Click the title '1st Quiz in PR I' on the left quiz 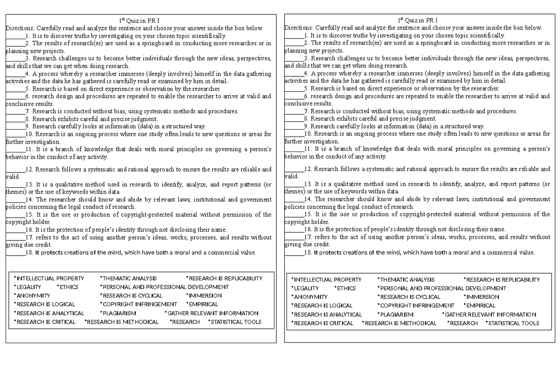click(139, 20)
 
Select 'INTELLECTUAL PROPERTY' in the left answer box click(50, 278)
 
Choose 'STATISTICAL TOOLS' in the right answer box click(513, 323)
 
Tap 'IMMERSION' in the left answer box click(205, 296)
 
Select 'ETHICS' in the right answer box click(346, 288)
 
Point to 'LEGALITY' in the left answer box click(28, 287)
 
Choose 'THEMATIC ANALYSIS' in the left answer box click(129, 278)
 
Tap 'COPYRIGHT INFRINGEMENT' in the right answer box click(416, 305)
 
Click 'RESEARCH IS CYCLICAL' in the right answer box click(409, 297)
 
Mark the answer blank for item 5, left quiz click(15, 89)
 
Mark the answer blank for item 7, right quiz click(294, 111)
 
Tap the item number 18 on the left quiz click(29, 253)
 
